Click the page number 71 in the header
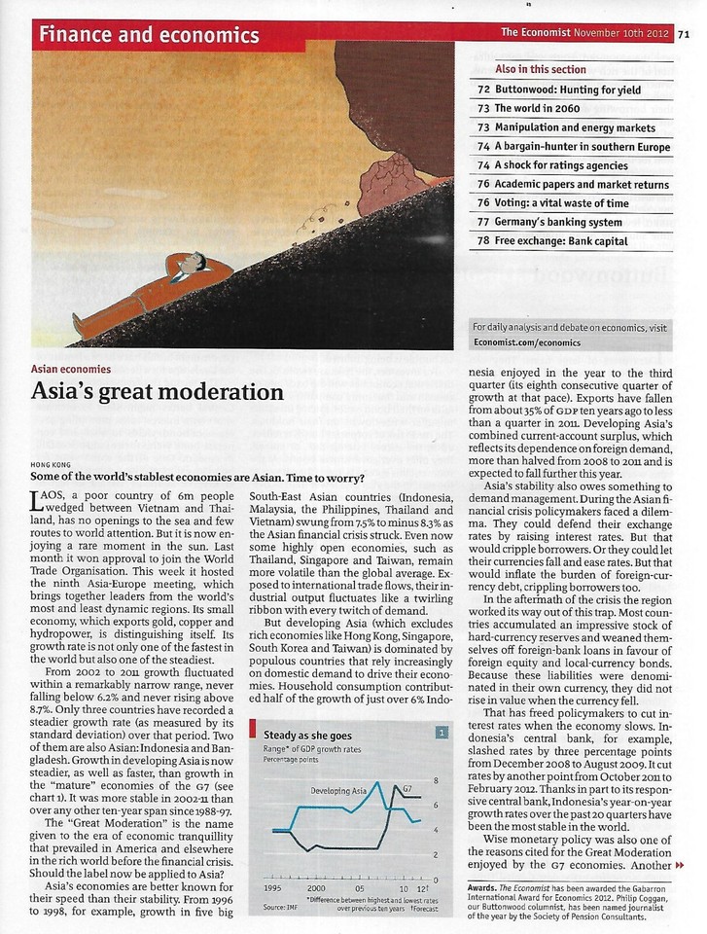point(684,33)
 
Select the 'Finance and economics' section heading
point(149,36)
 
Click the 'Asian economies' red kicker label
point(71,370)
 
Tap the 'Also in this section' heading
point(541,70)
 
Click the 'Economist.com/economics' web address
point(525,342)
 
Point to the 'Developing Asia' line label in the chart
point(338,791)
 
